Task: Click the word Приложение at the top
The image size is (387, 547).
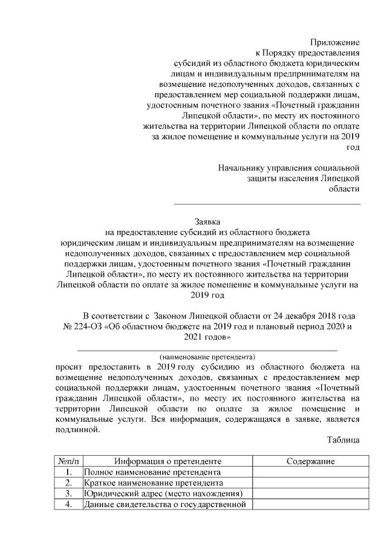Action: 335,42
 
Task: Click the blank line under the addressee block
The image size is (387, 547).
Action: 267,204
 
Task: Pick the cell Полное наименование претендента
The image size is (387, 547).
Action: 152,472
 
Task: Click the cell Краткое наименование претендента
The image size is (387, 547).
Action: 154,483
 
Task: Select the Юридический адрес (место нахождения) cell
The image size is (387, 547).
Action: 163,494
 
